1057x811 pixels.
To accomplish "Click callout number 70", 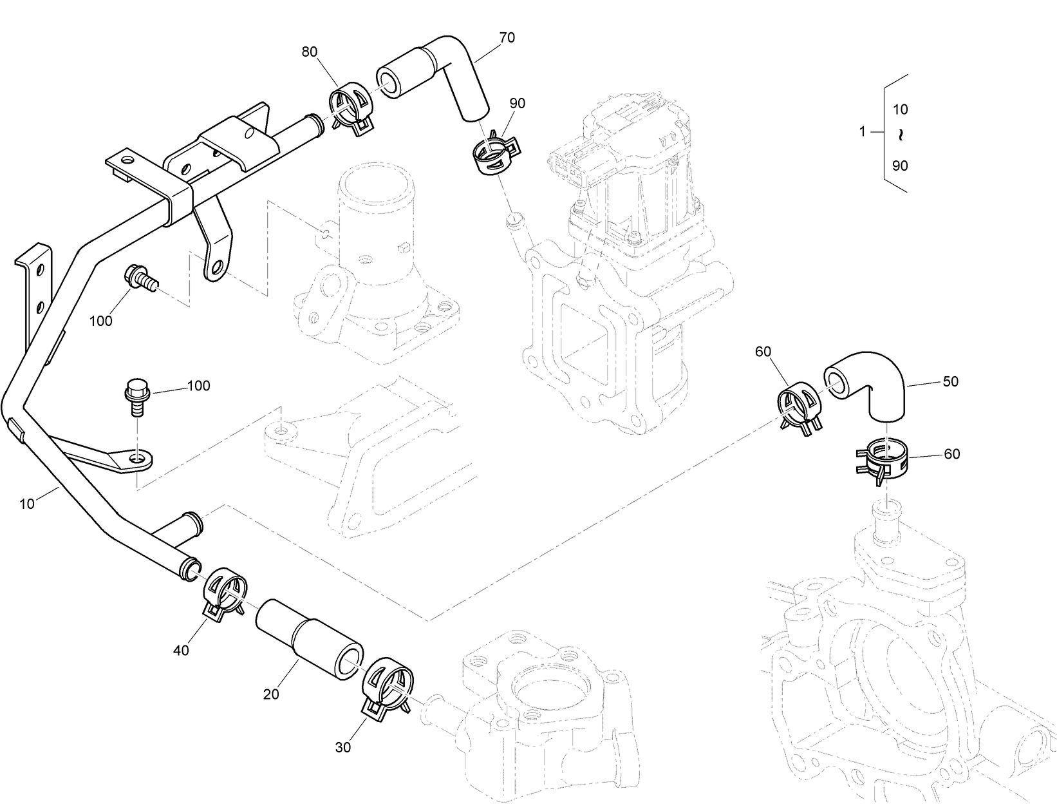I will point(507,38).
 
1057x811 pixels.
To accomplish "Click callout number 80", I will point(310,52).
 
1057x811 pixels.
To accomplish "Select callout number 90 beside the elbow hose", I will point(517,103).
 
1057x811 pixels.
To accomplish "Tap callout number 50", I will point(950,381).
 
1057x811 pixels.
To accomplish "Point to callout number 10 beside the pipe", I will point(27,504).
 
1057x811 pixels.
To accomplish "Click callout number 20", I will point(271,694).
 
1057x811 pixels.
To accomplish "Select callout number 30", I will point(343,748).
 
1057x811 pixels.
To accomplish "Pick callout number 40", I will point(182,651).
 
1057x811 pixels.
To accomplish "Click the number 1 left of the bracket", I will point(863,132).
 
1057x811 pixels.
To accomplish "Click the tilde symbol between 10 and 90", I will point(901,136).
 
